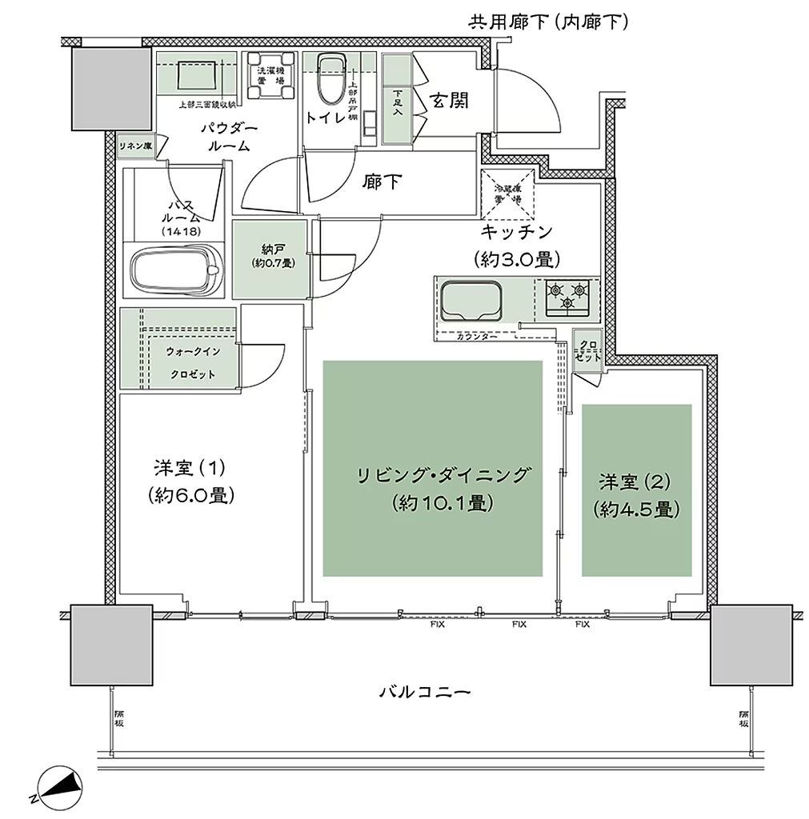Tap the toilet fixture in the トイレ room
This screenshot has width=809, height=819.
(328, 80)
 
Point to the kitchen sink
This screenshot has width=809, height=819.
(471, 301)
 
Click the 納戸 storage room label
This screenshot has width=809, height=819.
(267, 255)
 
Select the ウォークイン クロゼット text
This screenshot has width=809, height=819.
(191, 362)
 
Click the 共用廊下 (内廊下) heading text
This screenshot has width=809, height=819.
(548, 22)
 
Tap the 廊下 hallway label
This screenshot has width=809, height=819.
(382, 182)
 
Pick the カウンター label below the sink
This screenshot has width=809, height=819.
(477, 338)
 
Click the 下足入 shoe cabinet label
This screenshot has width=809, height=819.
(397, 102)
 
